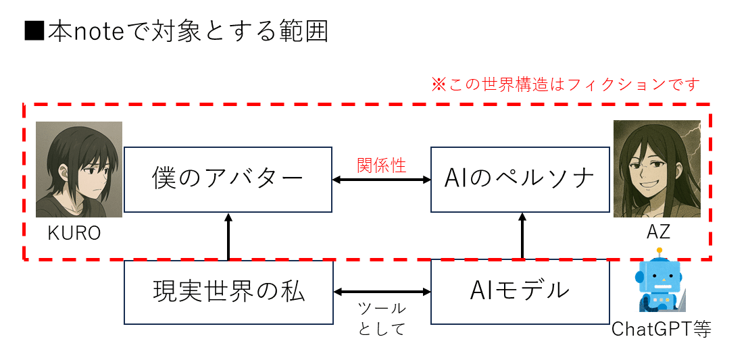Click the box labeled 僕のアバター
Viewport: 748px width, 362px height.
(228, 180)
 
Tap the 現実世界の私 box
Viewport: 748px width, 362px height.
(228, 292)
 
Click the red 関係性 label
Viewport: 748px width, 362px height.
(382, 165)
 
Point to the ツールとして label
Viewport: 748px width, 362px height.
(382, 319)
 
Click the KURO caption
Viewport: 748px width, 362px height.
(74, 234)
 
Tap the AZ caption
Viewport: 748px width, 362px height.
(657, 232)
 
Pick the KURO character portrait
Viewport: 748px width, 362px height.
(78, 170)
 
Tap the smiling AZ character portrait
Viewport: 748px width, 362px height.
(657, 169)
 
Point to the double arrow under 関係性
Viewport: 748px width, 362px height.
(382, 180)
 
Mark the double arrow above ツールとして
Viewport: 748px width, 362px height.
(382, 292)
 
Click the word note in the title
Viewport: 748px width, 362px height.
(101, 32)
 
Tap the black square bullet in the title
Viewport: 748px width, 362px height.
(34, 32)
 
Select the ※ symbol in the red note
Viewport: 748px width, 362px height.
(439, 85)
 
